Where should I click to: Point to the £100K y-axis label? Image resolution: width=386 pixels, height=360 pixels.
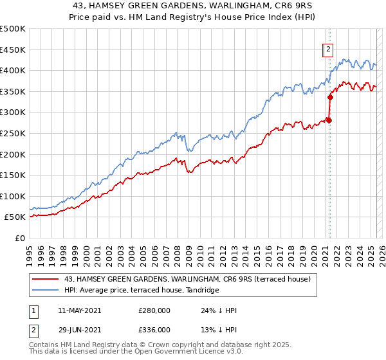click(13, 196)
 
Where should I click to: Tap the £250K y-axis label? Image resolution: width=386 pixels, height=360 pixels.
click(13, 133)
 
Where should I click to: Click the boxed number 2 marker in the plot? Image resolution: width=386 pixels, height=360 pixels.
click(327, 50)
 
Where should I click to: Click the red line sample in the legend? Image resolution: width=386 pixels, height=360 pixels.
click(45, 279)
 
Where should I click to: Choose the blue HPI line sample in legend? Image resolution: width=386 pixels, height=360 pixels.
click(45, 291)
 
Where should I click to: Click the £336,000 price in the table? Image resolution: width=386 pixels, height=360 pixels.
click(154, 330)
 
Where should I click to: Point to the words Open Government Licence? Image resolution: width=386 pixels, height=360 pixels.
click(179, 353)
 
